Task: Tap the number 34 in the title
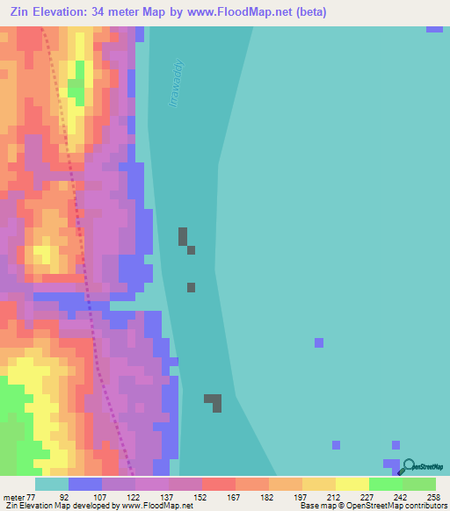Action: point(100,11)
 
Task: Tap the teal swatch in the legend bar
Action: point(52,484)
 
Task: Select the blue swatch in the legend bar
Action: point(85,484)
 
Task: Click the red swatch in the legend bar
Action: point(219,484)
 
